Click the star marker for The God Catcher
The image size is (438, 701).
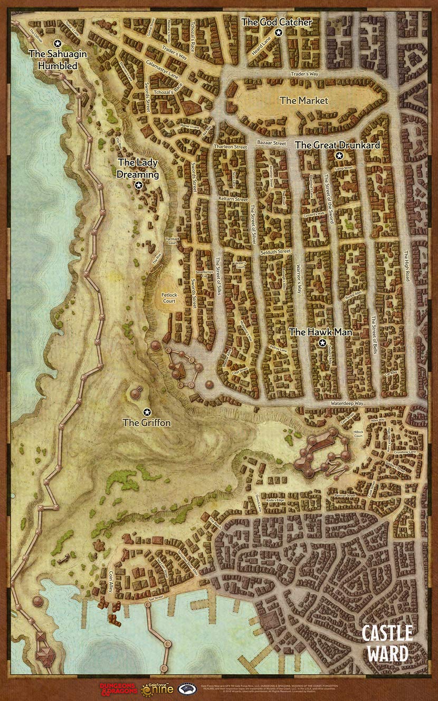tap(279, 32)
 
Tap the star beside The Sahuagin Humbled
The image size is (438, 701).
tap(57, 43)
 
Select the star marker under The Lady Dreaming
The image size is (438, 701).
tap(138, 185)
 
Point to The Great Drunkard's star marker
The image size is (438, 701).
tap(339, 155)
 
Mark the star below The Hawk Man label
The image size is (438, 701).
tap(322, 343)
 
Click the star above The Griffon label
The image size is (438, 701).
tap(147, 411)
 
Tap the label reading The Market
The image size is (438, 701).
tap(303, 100)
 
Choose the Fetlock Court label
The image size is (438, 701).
tap(169, 299)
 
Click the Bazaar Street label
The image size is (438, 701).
tap(271, 143)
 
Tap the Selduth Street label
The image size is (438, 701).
tap(275, 252)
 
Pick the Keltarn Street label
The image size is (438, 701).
tap(233, 200)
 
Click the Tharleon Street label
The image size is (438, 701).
tap(230, 147)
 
